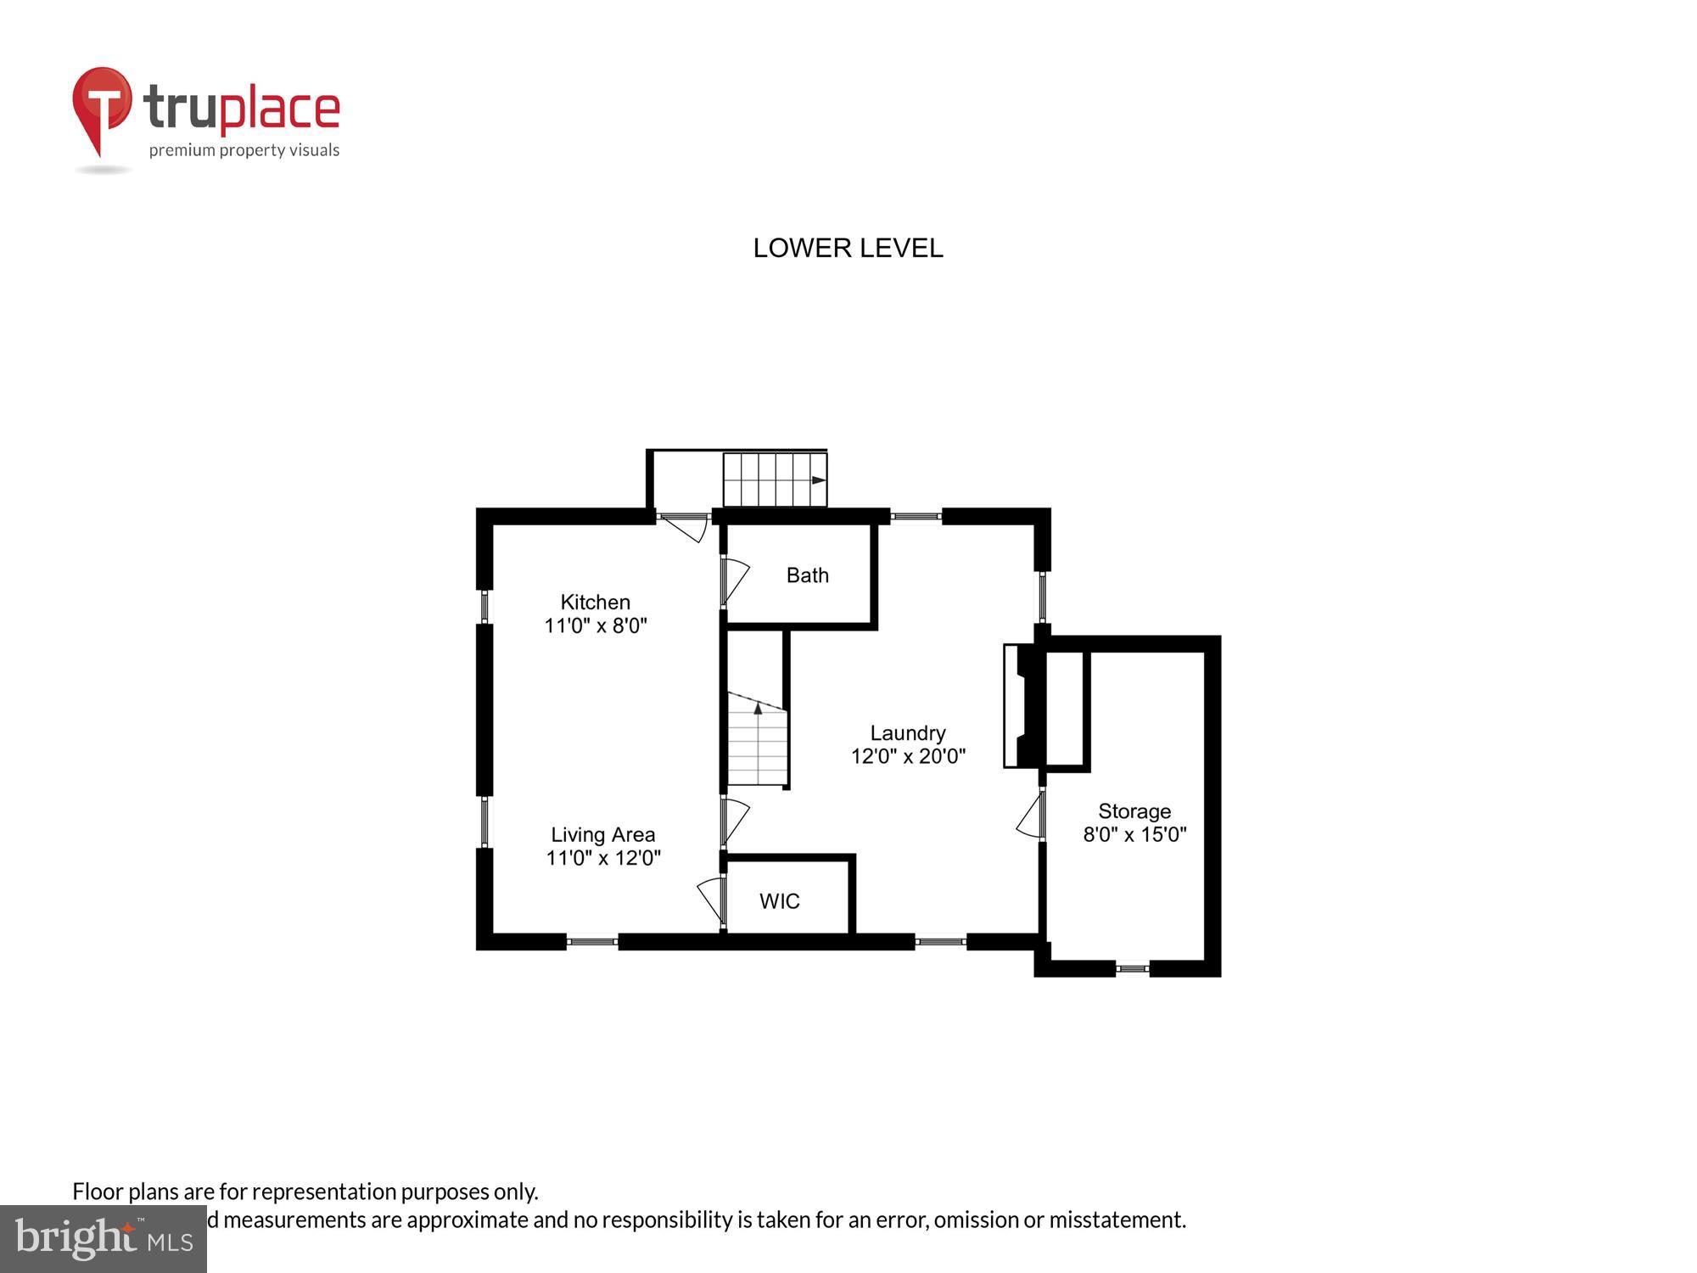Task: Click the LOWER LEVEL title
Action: click(x=848, y=248)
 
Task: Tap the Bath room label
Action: click(x=807, y=575)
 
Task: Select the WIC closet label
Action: click(x=779, y=901)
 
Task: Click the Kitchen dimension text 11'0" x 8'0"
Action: click(x=595, y=626)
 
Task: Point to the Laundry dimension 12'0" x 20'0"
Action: click(x=908, y=756)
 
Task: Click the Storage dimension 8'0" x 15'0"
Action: click(x=1134, y=834)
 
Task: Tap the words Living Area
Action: click(x=602, y=834)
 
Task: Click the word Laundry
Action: click(x=907, y=732)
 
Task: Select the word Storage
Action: click(x=1134, y=810)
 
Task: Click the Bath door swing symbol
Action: click(x=734, y=581)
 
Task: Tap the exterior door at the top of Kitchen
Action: click(x=685, y=526)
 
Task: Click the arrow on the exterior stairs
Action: click(x=818, y=480)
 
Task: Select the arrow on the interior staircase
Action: click(x=758, y=708)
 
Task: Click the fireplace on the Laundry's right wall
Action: click(x=1021, y=706)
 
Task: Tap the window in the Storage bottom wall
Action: click(x=1132, y=967)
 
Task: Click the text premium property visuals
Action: click(x=244, y=151)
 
